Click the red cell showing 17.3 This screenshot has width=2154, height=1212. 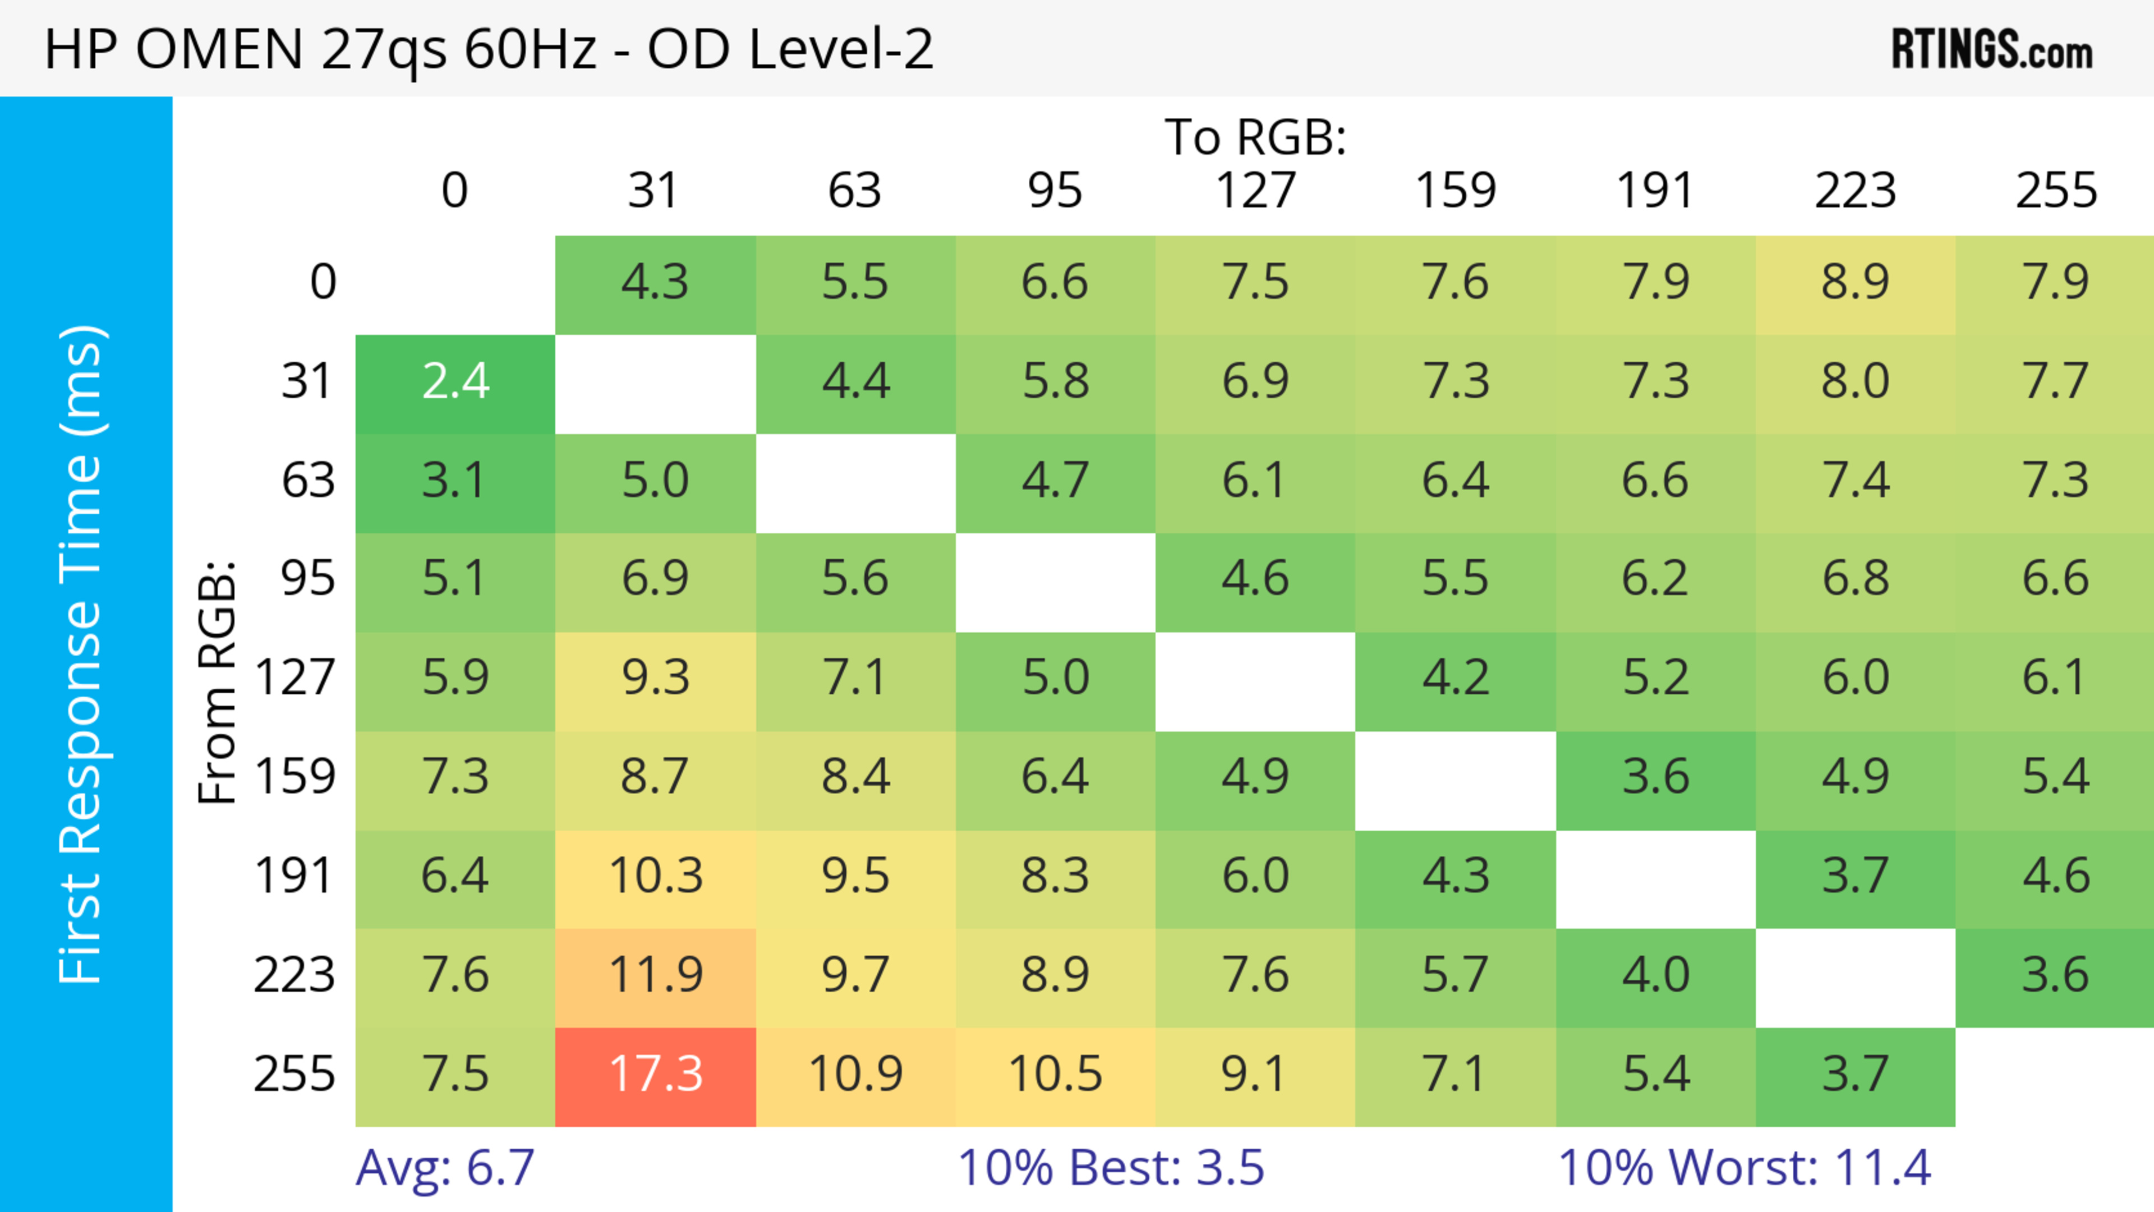656,1075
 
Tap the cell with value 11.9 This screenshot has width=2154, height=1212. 656,975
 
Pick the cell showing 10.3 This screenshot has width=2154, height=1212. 656,877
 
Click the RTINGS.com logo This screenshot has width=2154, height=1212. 1992,50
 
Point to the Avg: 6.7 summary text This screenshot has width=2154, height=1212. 445,1168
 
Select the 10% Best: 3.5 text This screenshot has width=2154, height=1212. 1111,1168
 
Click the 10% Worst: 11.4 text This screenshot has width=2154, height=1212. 1745,1168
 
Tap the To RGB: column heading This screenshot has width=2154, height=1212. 1255,137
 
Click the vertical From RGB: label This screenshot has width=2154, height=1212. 218,682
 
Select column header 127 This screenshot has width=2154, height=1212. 1255,191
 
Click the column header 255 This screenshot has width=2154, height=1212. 2055,191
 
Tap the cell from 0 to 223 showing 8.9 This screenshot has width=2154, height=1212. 1856,283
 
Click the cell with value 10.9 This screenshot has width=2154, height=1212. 855,1075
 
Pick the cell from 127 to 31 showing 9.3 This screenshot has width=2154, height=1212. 656,678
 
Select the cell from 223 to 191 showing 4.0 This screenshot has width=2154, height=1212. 1656,975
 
